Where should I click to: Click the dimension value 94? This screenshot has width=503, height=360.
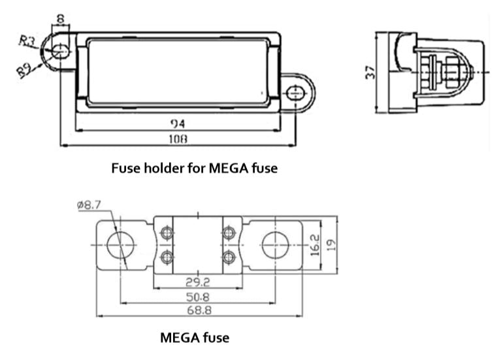click(178, 123)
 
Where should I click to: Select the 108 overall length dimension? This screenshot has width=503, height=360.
click(178, 139)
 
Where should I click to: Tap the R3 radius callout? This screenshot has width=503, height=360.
click(27, 41)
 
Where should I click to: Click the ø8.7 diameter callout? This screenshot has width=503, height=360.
click(89, 205)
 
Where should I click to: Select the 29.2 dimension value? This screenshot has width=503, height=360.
click(197, 282)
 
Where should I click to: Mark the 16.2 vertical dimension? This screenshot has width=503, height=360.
click(316, 245)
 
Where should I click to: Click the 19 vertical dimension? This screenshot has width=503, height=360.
click(333, 245)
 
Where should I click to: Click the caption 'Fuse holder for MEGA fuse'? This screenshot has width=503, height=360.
click(195, 168)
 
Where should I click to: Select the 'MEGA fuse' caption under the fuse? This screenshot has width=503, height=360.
click(195, 338)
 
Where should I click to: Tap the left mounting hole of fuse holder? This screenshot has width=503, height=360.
click(59, 50)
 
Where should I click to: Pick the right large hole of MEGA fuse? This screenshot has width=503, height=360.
click(274, 246)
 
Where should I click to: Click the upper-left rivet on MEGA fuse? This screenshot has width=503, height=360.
click(166, 234)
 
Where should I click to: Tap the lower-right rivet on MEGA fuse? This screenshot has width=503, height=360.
click(228, 257)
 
